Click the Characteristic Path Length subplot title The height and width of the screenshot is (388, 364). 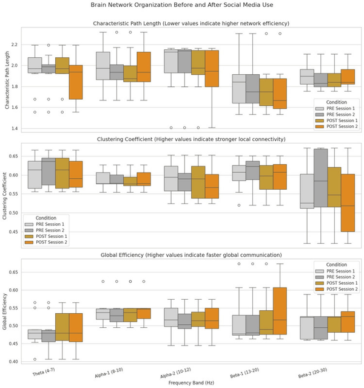click(x=190, y=24)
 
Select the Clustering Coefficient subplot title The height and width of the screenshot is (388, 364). click(x=190, y=139)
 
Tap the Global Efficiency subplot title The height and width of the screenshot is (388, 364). click(x=190, y=255)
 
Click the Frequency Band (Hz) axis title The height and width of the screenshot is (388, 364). click(x=190, y=383)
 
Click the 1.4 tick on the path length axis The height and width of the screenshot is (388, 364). click(x=15, y=129)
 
